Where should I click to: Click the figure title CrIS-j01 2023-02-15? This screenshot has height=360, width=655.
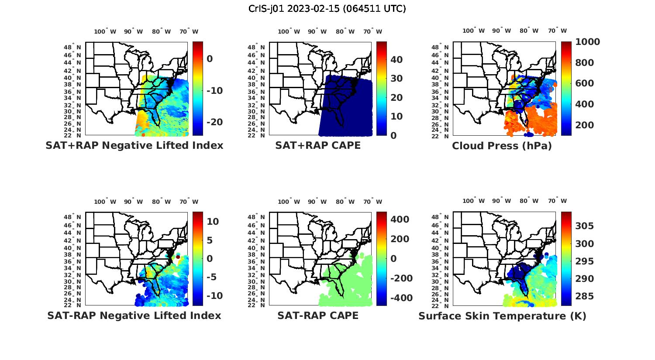(327, 9)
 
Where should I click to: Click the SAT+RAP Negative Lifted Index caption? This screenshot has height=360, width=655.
(134, 145)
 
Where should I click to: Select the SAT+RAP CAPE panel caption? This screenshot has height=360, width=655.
(318, 145)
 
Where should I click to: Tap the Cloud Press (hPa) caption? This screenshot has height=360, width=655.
(502, 146)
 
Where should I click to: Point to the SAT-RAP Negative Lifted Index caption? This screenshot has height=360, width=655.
(134, 315)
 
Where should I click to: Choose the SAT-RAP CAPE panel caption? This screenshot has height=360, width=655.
(318, 315)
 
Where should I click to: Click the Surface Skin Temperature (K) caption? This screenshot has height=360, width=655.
(502, 316)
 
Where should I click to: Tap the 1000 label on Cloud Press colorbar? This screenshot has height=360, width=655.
(587, 42)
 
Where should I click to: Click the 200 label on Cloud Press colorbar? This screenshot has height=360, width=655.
(585, 125)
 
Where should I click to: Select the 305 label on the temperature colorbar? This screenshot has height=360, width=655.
(584, 226)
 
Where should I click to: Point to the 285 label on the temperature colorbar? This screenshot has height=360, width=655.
(584, 296)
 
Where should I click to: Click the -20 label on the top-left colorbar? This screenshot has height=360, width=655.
(214, 122)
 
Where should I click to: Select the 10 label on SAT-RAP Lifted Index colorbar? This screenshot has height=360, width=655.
(213, 222)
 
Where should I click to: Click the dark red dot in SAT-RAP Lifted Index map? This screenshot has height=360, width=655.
(178, 257)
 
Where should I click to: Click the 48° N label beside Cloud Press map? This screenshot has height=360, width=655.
(444, 47)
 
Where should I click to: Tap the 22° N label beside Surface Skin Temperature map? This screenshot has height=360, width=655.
(444, 305)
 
